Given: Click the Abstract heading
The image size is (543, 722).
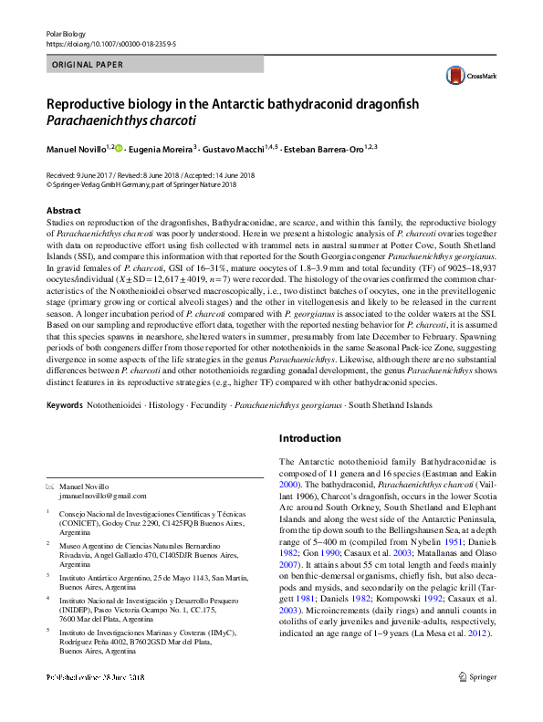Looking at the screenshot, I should [x=63, y=211].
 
